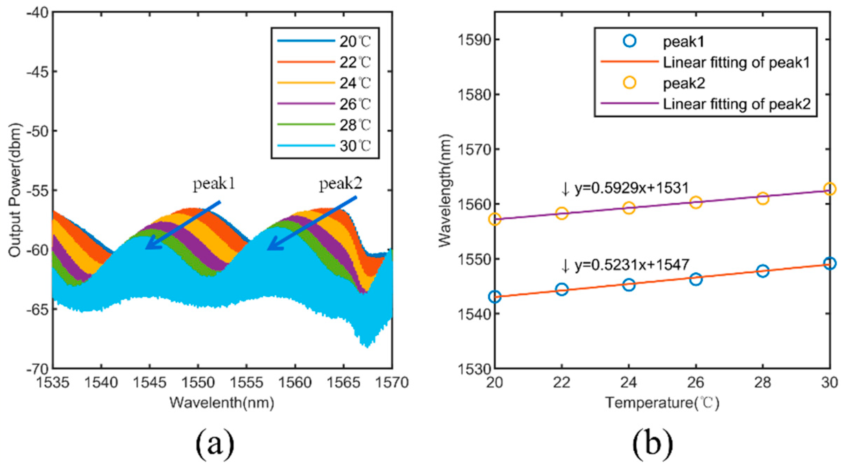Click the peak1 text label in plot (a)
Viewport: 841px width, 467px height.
pyautogui.click(x=214, y=184)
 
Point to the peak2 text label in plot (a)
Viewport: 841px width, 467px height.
pyautogui.click(x=341, y=184)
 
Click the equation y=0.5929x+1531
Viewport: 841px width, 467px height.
pyautogui.click(x=631, y=188)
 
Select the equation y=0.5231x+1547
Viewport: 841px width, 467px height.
pyautogui.click(x=631, y=265)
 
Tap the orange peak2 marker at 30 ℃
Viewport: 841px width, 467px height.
pyautogui.click(x=829, y=189)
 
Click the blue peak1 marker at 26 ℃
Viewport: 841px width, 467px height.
pyautogui.click(x=696, y=279)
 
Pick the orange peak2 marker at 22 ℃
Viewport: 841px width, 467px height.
pyautogui.click(x=561, y=213)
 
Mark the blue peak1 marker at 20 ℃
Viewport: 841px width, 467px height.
pyautogui.click(x=495, y=297)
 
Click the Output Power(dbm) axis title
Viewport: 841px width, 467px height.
pyautogui.click(x=15, y=190)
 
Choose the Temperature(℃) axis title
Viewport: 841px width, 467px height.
pyautogui.click(x=662, y=403)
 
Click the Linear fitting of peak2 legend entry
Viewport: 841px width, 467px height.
pyautogui.click(x=736, y=104)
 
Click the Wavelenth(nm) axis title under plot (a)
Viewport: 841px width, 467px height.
pyautogui.click(x=222, y=403)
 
